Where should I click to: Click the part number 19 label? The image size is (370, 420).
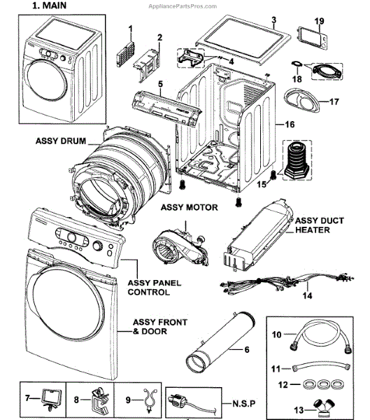tap(319, 21)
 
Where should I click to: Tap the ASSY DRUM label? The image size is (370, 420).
tap(61, 141)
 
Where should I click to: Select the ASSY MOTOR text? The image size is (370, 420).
tap(190, 207)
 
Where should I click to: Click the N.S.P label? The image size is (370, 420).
tap(244, 403)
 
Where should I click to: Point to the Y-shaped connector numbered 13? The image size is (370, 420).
tap(325, 407)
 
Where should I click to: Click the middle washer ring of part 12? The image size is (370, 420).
tap(324, 384)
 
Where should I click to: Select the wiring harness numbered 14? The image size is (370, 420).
tap(287, 283)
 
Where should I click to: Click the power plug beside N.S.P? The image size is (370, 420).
tap(187, 403)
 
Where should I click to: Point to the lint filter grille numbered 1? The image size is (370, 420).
tap(125, 54)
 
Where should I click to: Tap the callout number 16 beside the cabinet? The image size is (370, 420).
tap(290, 125)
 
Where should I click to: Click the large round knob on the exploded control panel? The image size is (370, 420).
tap(72, 237)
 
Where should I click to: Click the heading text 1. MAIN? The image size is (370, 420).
tap(49, 6)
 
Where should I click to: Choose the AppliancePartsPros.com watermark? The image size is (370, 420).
tap(183, 6)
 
